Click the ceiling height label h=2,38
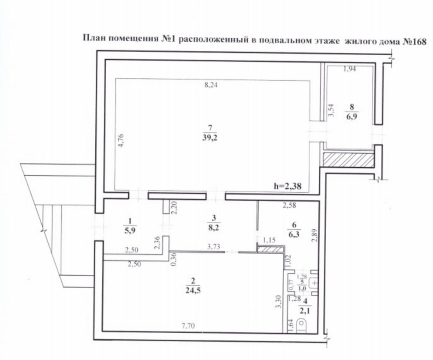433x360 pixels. pyautogui.click(x=288, y=186)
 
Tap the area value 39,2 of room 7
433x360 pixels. pyautogui.click(x=210, y=138)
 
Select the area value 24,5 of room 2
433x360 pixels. pyautogui.click(x=193, y=291)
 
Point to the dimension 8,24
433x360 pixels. pyautogui.click(x=211, y=85)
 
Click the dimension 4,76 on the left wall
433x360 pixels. pyautogui.click(x=121, y=140)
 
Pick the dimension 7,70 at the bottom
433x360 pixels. pyautogui.click(x=188, y=326)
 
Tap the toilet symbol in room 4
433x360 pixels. pyautogui.click(x=302, y=325)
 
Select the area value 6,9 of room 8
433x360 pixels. pyautogui.click(x=351, y=117)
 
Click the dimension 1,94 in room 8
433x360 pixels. pyautogui.click(x=349, y=69)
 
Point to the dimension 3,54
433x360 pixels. pyautogui.click(x=332, y=110)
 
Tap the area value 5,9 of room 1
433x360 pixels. pyautogui.click(x=130, y=230)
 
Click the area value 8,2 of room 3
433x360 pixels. pyautogui.click(x=213, y=228)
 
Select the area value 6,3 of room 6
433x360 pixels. pyautogui.click(x=293, y=234)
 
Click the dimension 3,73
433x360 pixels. pyautogui.click(x=214, y=246)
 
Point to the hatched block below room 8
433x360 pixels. pyautogui.click(x=349, y=160)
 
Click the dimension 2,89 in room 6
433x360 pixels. pyautogui.click(x=314, y=235)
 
